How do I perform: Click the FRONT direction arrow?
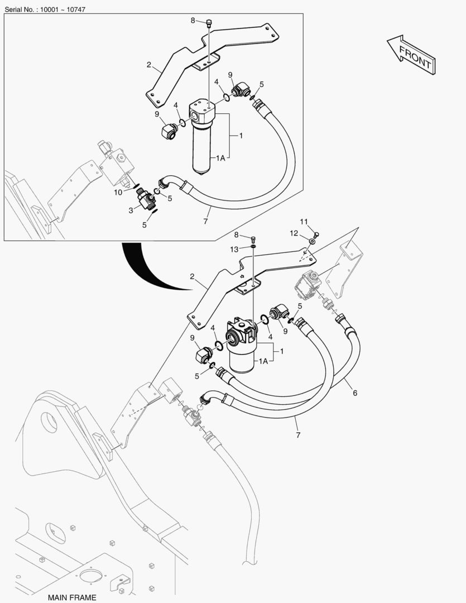click(411, 55)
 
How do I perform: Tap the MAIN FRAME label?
click(72, 597)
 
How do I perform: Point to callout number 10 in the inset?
click(118, 192)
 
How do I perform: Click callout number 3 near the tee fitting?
click(131, 210)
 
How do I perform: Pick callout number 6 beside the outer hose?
click(355, 393)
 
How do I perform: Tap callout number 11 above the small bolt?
click(304, 222)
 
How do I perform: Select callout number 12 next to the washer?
click(294, 233)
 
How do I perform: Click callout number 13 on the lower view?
click(234, 250)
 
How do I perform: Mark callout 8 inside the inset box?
click(193, 21)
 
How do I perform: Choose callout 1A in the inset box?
click(220, 157)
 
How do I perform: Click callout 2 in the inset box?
click(149, 65)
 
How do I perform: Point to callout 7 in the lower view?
click(298, 435)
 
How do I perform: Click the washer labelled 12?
click(313, 242)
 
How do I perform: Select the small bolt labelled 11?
click(316, 234)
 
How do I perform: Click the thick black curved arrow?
click(146, 269)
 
